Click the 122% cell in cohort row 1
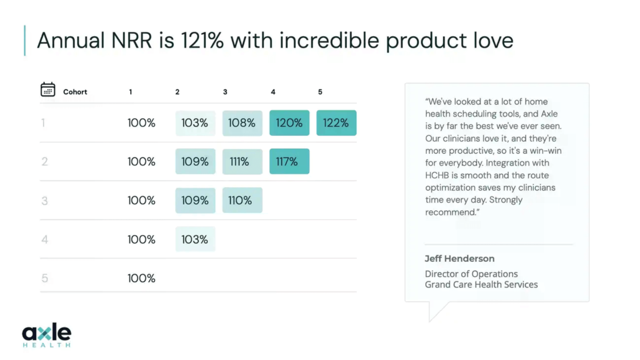pos(336,123)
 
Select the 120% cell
pos(289,123)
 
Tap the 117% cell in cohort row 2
pos(289,161)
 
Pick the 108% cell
pos(242,123)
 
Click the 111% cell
pos(242,162)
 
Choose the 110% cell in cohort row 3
pos(242,200)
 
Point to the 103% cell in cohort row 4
pos(195,239)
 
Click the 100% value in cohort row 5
pos(141,278)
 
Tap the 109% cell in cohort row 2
pos(195,161)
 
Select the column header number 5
pos(320,92)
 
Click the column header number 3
pos(225,92)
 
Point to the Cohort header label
pos(75,92)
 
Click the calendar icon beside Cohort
pos(48,90)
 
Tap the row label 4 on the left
pos(44,240)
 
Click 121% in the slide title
pos(202,40)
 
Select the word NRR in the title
pos(132,40)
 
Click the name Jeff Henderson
pos(459,259)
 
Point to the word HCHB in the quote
pos(437,175)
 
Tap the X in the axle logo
pos(44,333)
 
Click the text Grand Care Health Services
pos(481,284)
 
